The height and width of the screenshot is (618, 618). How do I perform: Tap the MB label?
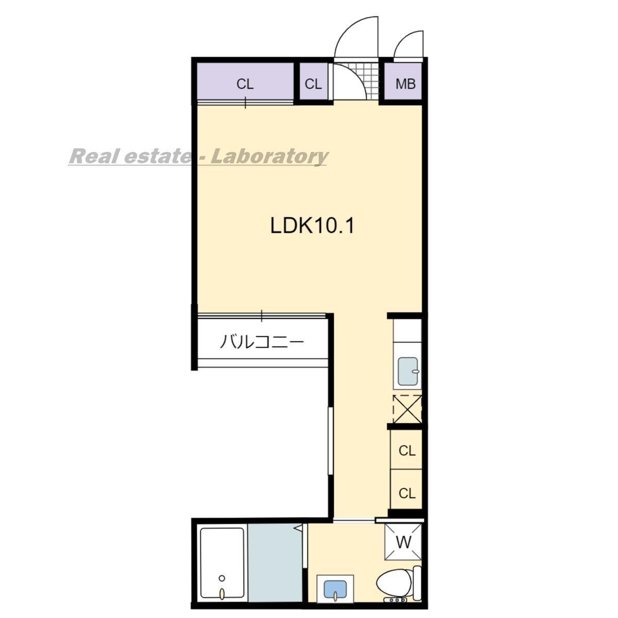click(x=405, y=84)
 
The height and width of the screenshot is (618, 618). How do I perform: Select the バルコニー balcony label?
click(x=262, y=342)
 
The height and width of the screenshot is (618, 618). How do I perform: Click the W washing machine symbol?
click(x=403, y=542)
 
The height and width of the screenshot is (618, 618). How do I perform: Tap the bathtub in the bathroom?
click(x=221, y=568)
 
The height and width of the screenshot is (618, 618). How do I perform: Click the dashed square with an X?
click(x=407, y=409)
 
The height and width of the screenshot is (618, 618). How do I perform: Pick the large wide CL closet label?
click(x=245, y=84)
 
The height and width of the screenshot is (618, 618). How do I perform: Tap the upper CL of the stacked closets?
click(x=407, y=451)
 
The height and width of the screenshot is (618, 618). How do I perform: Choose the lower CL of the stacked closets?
click(x=407, y=493)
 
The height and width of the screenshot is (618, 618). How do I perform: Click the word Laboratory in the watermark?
click(x=269, y=157)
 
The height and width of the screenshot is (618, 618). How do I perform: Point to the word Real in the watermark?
click(x=88, y=157)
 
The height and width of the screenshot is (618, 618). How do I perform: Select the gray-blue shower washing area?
click(x=275, y=567)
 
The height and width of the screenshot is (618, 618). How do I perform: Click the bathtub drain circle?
click(x=221, y=578)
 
